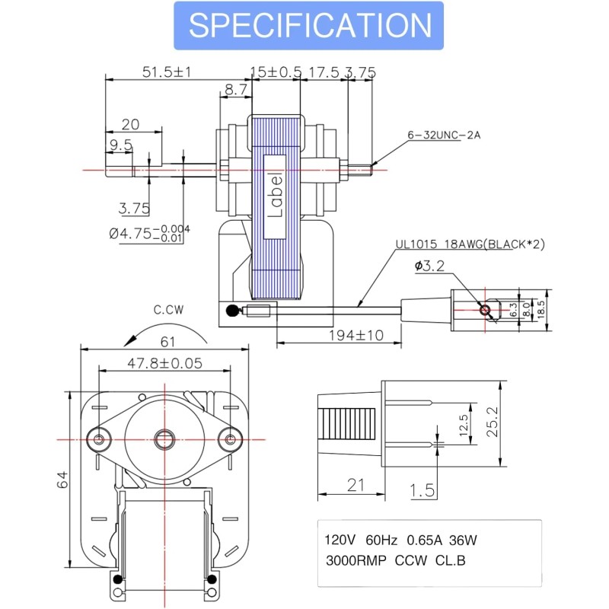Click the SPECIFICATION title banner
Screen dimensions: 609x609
pos(309,26)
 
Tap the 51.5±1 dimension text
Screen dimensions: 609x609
pos(167,72)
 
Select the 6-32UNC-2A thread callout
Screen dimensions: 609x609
pos(444,135)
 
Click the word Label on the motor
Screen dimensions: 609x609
pos(275,195)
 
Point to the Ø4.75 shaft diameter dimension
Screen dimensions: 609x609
pos(149,233)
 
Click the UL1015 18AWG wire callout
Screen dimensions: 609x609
pos(470,244)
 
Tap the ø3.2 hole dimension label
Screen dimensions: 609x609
pos(429,266)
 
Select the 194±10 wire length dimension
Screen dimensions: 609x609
pos(356,335)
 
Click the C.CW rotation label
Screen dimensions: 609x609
pos(168,310)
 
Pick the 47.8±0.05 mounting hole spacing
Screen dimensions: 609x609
pos(165,363)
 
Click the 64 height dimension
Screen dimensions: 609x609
pos(62,480)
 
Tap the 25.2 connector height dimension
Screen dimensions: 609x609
pos(492,422)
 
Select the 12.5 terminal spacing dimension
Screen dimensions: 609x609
pos(464,426)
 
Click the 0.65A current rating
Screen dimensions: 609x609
pos(425,540)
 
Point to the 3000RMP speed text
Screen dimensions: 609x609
pos(356,561)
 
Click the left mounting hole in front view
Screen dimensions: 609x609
pos(99,440)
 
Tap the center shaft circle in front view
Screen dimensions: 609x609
pos(164,440)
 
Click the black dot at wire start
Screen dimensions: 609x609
pos(232,311)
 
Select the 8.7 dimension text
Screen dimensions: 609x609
pos(236,90)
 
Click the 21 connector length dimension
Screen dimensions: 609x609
pos(356,485)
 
